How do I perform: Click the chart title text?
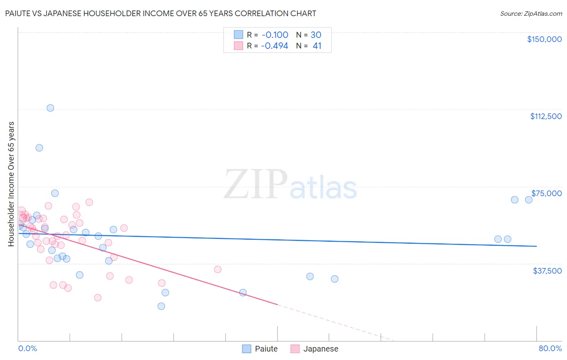pos(161,13)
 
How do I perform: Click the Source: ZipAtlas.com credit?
pos(531,13)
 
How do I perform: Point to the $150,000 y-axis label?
pos(544,39)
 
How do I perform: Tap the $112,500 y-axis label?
pos(546,116)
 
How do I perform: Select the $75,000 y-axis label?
pos(546,193)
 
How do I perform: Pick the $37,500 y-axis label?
pos(547,271)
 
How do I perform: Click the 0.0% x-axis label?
pos(27,348)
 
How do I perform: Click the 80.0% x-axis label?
pos(550,348)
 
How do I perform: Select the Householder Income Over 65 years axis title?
pos(11,184)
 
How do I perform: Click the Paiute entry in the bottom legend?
pos(260,349)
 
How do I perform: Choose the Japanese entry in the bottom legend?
pos(315,349)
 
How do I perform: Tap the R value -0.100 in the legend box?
pos(275,35)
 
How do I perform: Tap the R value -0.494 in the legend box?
pos(275,46)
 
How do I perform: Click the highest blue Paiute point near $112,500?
pos(50,108)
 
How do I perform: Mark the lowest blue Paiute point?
pos(161,306)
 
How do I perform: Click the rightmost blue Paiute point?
pos(529,200)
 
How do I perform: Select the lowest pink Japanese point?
pos(98,297)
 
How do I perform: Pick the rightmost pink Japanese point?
pos(218,269)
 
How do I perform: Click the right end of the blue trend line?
pos(536,246)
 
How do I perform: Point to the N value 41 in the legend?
pos(317,46)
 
